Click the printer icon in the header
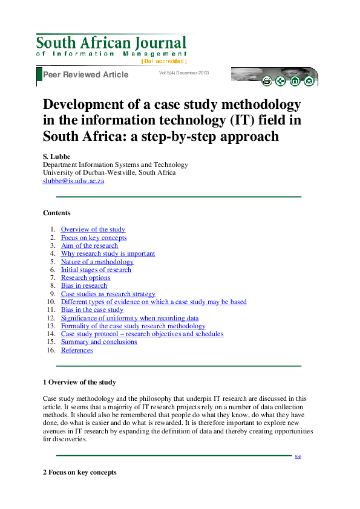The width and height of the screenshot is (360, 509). [x=267, y=81]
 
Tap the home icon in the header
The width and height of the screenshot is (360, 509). [x=295, y=81]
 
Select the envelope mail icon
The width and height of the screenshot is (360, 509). [x=309, y=81]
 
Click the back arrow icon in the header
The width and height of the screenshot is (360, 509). [x=281, y=81]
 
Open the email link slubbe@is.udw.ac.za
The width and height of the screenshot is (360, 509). [x=73, y=181]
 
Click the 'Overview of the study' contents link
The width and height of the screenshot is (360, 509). [x=93, y=230]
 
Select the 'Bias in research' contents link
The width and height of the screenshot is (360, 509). [x=83, y=286]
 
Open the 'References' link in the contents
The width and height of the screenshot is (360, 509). [x=77, y=351]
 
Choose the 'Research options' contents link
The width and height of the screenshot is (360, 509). [x=85, y=278]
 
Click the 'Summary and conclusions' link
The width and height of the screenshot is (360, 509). [x=99, y=342]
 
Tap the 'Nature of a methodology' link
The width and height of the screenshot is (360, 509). [x=97, y=262]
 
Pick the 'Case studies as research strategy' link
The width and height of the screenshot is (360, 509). [x=108, y=294]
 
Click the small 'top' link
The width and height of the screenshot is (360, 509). [x=298, y=456]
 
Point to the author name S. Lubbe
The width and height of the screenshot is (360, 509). [x=56, y=156]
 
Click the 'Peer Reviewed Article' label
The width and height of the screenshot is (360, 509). [x=85, y=74]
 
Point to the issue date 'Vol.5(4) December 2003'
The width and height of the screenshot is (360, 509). [x=184, y=73]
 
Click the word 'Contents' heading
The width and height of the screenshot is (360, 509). [x=57, y=213]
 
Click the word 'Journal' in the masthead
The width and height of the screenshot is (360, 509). [x=160, y=43]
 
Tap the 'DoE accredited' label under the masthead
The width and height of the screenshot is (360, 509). [x=163, y=61]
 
